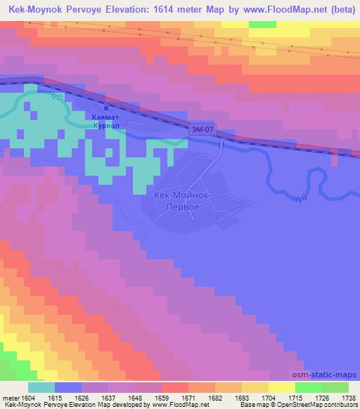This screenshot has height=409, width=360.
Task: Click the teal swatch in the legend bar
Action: click(x=41, y=387)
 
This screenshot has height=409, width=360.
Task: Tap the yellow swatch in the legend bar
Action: click(x=281, y=387)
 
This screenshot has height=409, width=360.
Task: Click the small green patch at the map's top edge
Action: click(x=262, y=25)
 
